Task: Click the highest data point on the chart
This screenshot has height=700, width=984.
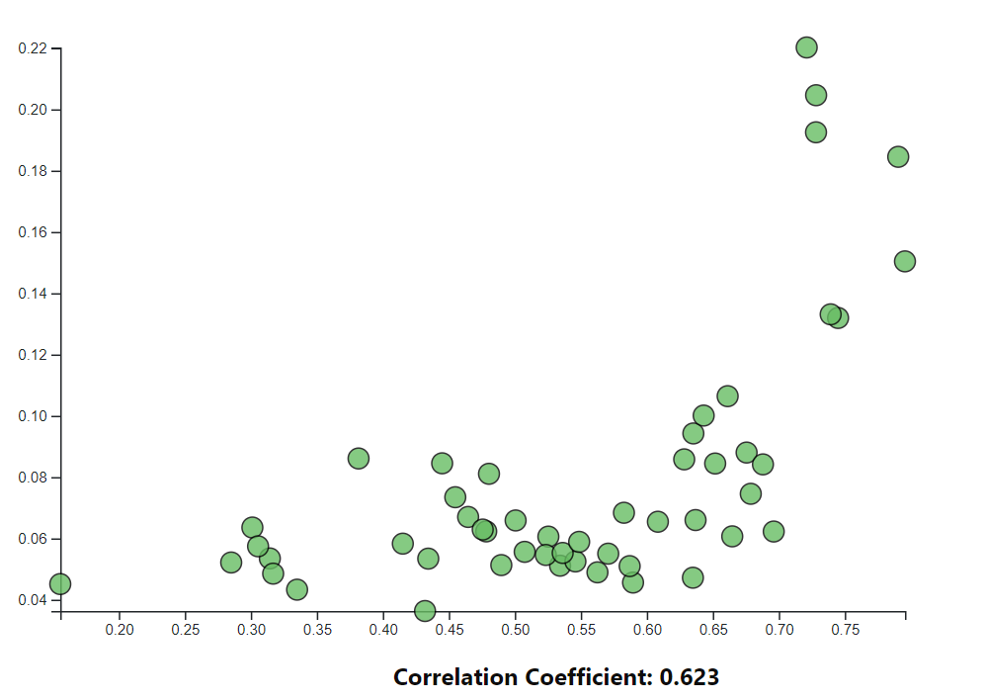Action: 806,47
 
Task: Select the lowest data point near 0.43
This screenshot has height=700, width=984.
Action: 425,611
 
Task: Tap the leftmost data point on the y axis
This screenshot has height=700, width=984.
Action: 60,584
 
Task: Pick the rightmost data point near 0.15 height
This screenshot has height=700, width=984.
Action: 904,261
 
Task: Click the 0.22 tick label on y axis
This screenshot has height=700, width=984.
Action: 33,48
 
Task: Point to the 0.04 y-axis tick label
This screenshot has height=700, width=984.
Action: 33,600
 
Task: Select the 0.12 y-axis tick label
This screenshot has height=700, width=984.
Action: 33,355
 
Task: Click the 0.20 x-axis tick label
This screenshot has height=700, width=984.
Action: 120,630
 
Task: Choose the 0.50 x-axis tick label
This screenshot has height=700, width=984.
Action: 515,630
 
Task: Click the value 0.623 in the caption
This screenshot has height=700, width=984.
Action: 690,677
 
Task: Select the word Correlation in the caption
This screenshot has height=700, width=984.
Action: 454,677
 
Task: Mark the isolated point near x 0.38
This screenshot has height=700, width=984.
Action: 359,459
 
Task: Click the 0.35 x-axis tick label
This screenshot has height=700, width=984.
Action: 317,630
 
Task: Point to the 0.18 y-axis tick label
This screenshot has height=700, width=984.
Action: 33,171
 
